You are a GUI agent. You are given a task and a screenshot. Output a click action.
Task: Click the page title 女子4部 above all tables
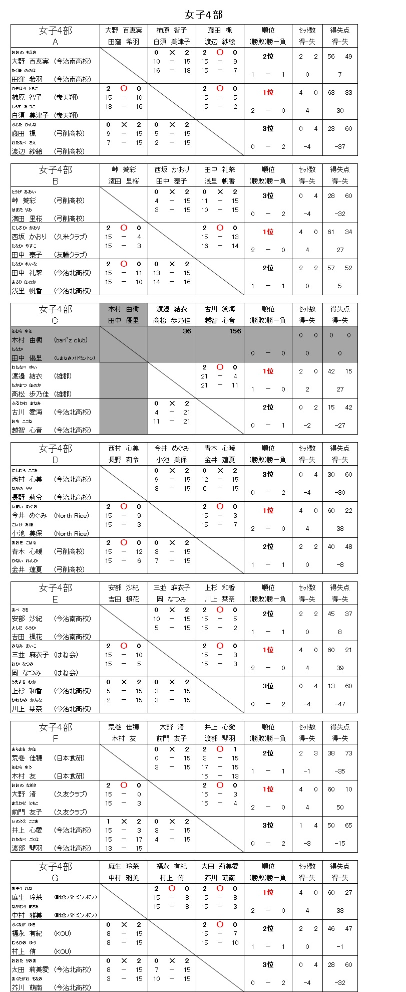coord(203,14)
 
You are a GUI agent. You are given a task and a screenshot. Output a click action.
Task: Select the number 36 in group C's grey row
coord(187,331)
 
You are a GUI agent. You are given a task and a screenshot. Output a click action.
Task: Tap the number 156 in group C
coord(235,331)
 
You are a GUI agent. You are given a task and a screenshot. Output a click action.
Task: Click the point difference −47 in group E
coord(340,704)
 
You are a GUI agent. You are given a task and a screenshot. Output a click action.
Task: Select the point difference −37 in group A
coord(340,146)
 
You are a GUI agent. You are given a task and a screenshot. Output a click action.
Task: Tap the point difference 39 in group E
coord(340,668)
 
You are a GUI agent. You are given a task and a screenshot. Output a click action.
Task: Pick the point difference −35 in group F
coord(340,771)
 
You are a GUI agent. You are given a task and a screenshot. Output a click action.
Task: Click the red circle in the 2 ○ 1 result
coord(220,749)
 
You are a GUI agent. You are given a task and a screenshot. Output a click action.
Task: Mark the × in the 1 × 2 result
coord(124,822)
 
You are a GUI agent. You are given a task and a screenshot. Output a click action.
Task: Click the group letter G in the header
coord(55,878)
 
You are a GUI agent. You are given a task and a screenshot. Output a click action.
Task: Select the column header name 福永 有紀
coord(172,866)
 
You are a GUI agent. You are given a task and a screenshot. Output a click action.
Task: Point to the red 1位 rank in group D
coord(268,510)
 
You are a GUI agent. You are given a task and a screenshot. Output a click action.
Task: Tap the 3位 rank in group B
coord(268,195)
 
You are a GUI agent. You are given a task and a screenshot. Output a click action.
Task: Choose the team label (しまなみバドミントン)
coord(75,358)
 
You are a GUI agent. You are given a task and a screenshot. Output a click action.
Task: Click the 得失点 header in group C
coord(340,309)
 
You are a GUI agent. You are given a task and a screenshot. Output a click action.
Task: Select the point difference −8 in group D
coord(340,564)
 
